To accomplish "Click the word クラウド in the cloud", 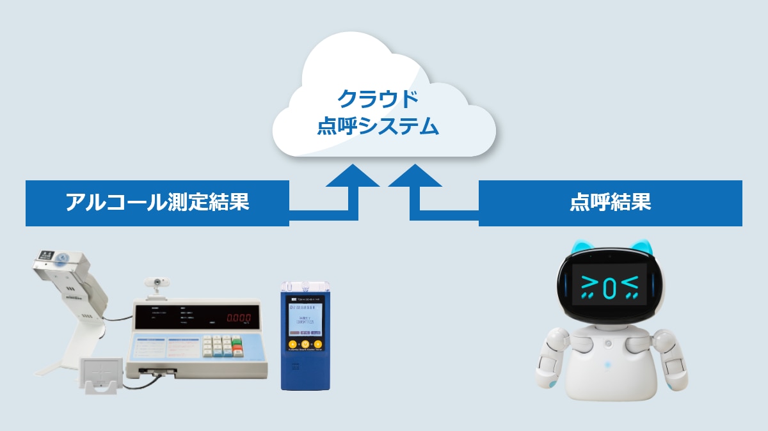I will pyautogui.click(x=378, y=99).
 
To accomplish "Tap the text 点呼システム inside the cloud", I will pyautogui.click(x=378, y=127).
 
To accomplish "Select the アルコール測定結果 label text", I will pyautogui.click(x=157, y=203).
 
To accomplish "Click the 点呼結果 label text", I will pyautogui.click(x=610, y=203).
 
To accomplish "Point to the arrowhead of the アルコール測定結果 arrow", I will pyautogui.click(x=353, y=175).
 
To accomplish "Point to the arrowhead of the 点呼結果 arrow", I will pyautogui.click(x=415, y=175).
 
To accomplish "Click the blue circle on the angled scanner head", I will pyautogui.click(x=61, y=260).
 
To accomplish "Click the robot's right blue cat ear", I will pyautogui.click(x=642, y=246).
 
